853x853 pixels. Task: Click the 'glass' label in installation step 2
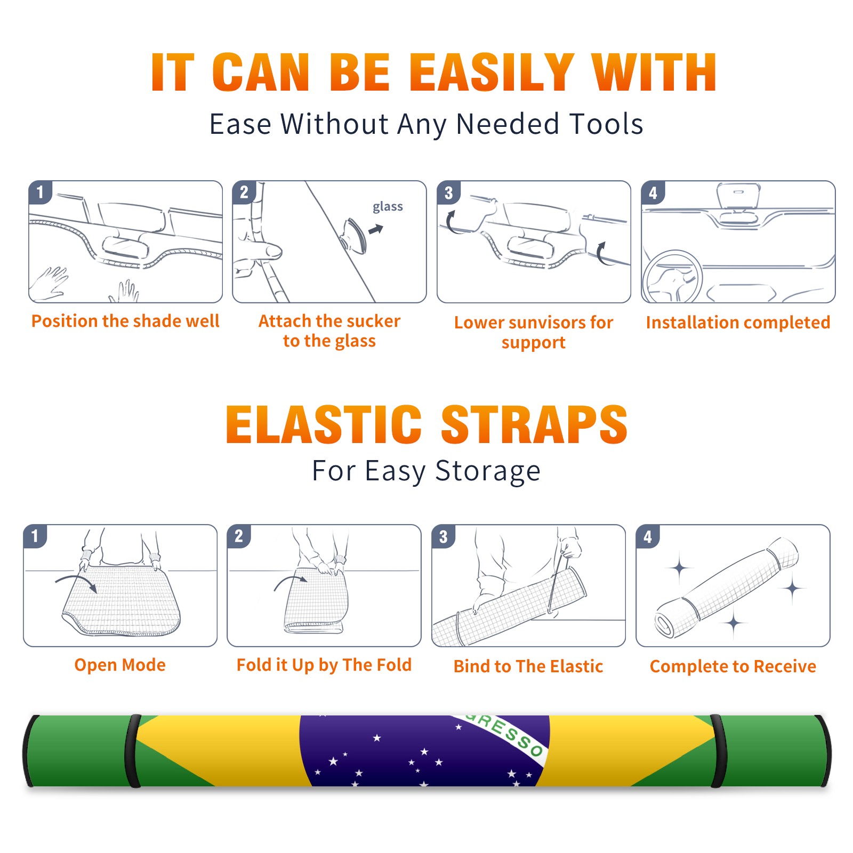[388, 207]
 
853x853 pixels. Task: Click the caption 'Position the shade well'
[125, 321]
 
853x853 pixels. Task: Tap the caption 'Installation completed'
[738, 322]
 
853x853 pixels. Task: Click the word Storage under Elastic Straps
[488, 471]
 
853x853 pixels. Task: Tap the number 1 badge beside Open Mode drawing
[35, 536]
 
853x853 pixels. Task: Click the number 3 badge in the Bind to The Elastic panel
[443, 536]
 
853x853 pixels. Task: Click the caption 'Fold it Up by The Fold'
[324, 665]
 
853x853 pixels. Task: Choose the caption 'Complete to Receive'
[733, 666]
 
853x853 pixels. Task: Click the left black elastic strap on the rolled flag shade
[133, 751]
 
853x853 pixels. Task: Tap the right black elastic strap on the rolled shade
[718, 751]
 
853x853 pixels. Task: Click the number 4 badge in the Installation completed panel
[653, 192]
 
